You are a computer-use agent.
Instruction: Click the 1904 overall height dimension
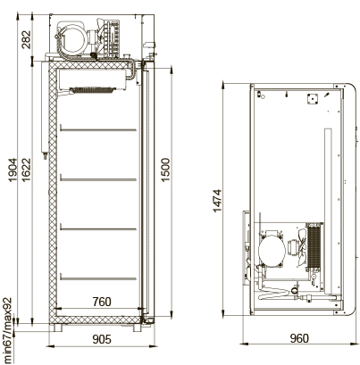(x=13, y=170)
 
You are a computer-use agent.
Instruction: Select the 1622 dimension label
(x=26, y=170)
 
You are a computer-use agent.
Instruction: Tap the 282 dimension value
(x=26, y=39)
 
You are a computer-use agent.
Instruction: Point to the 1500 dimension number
(x=165, y=170)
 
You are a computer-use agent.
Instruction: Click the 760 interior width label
(x=102, y=302)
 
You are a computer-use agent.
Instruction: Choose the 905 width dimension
(x=102, y=339)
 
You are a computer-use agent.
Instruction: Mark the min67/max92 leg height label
(x=7, y=331)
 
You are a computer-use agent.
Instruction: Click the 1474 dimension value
(x=218, y=201)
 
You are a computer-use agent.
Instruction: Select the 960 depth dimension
(x=299, y=338)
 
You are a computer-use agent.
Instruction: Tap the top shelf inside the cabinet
(x=98, y=129)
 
